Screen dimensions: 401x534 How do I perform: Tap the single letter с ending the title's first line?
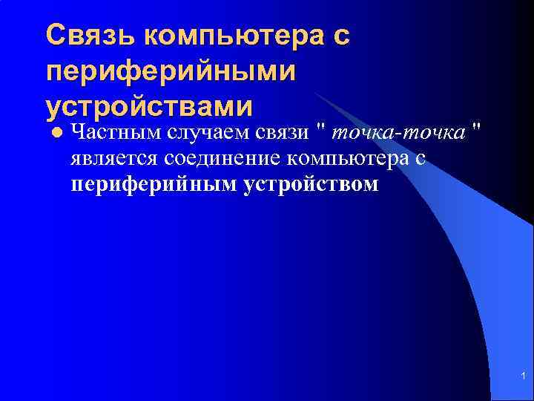coord(340,35)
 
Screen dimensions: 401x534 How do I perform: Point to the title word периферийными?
coord(171,71)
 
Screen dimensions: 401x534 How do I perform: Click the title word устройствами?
coord(149,107)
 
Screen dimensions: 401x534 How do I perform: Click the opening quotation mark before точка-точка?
coord(320,131)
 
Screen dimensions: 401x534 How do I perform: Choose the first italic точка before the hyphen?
coord(358,133)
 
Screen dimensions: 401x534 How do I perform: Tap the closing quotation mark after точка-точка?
coord(475,131)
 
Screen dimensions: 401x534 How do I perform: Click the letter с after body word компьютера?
coord(419,158)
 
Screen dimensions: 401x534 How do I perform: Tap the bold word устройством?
coord(310,183)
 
